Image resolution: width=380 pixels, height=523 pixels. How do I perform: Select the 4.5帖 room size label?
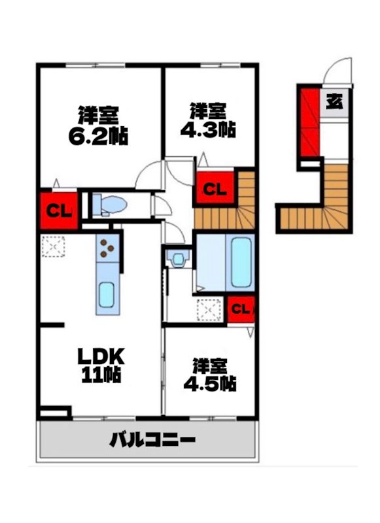(210, 383)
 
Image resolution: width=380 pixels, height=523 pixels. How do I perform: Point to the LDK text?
(101, 356)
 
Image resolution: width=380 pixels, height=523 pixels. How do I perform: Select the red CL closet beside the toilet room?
(60, 211)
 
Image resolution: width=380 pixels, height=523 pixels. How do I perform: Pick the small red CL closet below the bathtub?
(240, 310)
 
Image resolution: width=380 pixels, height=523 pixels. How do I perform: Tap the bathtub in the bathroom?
(240, 261)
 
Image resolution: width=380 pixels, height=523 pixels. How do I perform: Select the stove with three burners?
(107, 248)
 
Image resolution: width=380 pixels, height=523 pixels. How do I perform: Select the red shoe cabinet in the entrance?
(309, 121)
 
